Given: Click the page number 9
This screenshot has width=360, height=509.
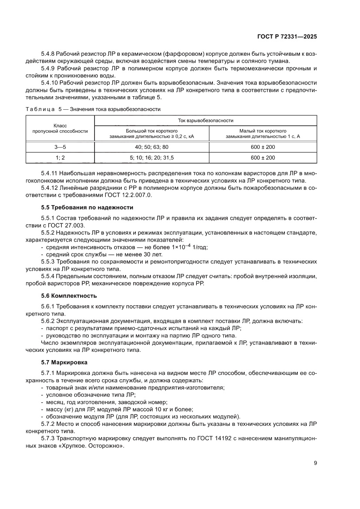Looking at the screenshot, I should point(315,463).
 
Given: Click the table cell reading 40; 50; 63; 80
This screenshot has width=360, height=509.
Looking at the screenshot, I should point(152,147).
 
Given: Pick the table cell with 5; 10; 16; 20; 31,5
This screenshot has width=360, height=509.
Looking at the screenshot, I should point(152,158).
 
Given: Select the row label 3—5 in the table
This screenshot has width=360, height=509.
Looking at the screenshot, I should point(60,147).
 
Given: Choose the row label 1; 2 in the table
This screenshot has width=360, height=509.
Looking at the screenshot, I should point(60,158).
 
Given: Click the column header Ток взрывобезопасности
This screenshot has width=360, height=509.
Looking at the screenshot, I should point(206,120).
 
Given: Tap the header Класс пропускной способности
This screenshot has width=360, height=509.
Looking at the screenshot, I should point(60,128).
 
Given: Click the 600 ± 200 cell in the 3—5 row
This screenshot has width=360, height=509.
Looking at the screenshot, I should point(263,147).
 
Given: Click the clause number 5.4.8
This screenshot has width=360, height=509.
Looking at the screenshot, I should point(50,54).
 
